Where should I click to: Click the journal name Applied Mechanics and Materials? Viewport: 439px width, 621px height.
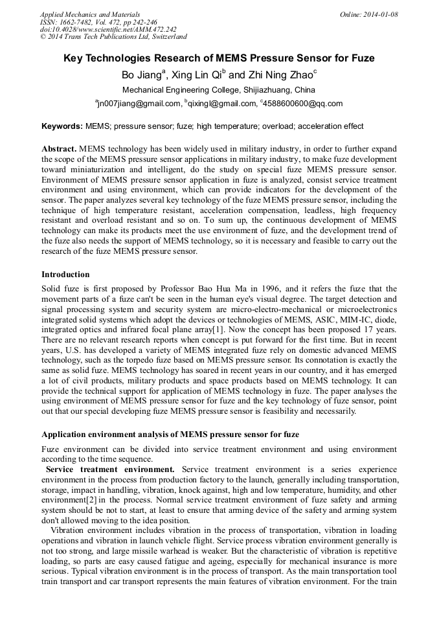(x=89, y=14)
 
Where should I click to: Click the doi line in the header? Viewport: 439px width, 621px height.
(x=107, y=29)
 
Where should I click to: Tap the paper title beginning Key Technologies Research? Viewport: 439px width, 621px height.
(x=219, y=58)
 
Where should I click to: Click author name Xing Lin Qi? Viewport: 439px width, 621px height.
(x=196, y=75)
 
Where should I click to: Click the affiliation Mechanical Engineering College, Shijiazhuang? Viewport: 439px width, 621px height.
(x=219, y=90)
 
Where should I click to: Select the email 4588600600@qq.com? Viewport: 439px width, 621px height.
(x=303, y=104)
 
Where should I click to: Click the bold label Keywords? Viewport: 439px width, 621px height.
(x=62, y=126)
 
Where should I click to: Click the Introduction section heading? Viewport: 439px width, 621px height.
(x=66, y=275)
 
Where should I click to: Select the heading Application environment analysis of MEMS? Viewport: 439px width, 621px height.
(x=170, y=435)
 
